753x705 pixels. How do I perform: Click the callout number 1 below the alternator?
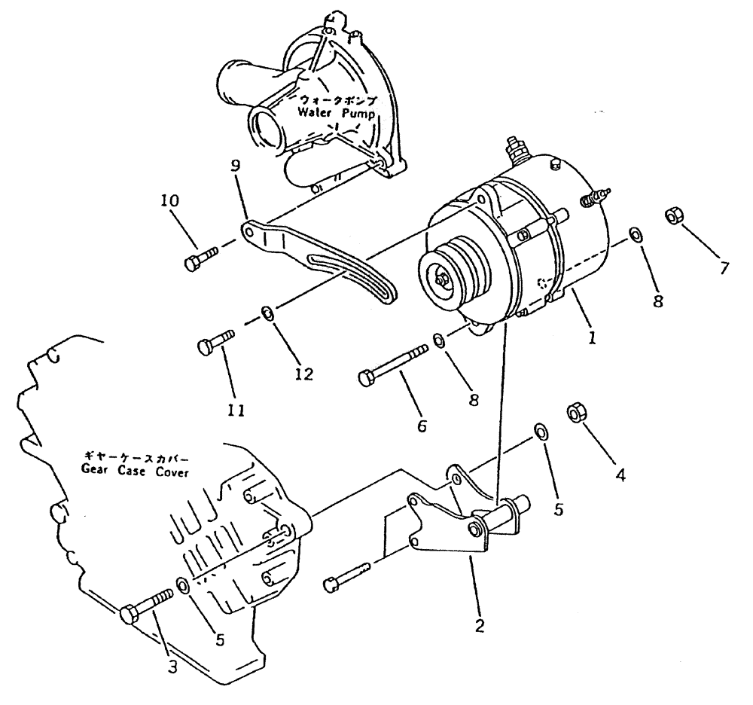(x=593, y=338)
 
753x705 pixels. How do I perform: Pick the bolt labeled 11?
(x=217, y=344)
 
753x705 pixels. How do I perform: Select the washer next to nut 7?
(x=636, y=235)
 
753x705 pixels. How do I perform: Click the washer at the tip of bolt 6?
(x=439, y=342)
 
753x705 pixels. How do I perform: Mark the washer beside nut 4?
(x=541, y=432)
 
